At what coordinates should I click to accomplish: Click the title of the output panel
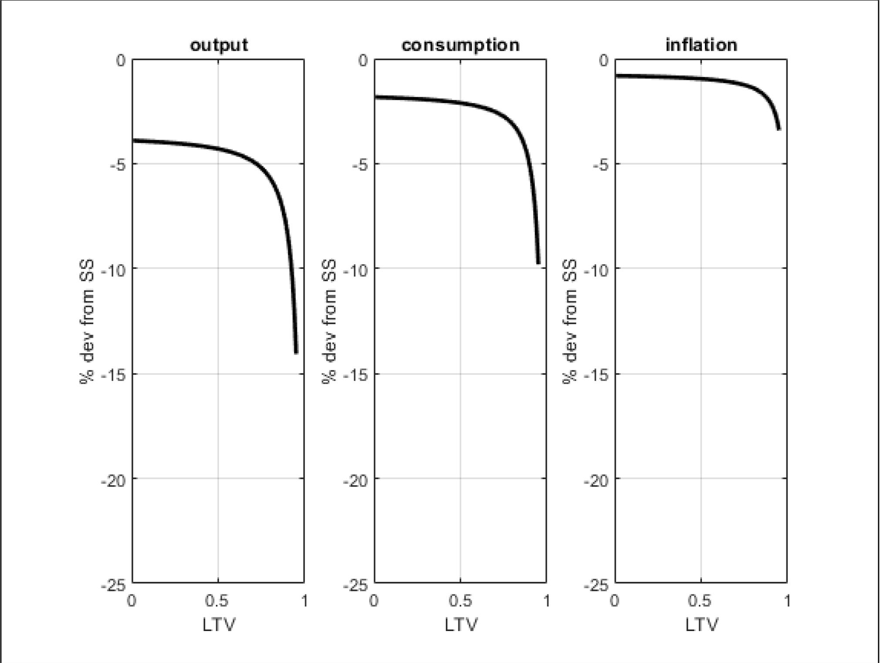tap(219, 45)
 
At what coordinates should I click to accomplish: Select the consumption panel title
tap(460, 45)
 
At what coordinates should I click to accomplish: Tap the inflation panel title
tap(701, 45)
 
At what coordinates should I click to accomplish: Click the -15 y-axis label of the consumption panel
tap(355, 375)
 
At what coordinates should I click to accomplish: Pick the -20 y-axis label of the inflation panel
tap(596, 480)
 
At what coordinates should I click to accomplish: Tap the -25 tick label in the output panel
tap(113, 585)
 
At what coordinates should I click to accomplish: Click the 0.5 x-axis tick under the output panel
tap(217, 601)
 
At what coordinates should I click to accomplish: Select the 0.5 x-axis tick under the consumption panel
tap(460, 601)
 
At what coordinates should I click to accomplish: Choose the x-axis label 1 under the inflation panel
tap(787, 601)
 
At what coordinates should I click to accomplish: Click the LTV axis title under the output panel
tap(219, 625)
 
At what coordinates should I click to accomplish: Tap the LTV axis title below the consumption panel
tap(461, 625)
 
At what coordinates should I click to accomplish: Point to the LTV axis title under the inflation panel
tap(701, 625)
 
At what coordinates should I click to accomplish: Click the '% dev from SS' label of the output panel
tap(87, 322)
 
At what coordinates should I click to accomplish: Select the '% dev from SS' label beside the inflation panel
tap(570, 322)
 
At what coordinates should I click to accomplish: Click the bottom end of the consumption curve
tap(538, 262)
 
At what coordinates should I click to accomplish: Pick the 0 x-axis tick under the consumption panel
tap(374, 601)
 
